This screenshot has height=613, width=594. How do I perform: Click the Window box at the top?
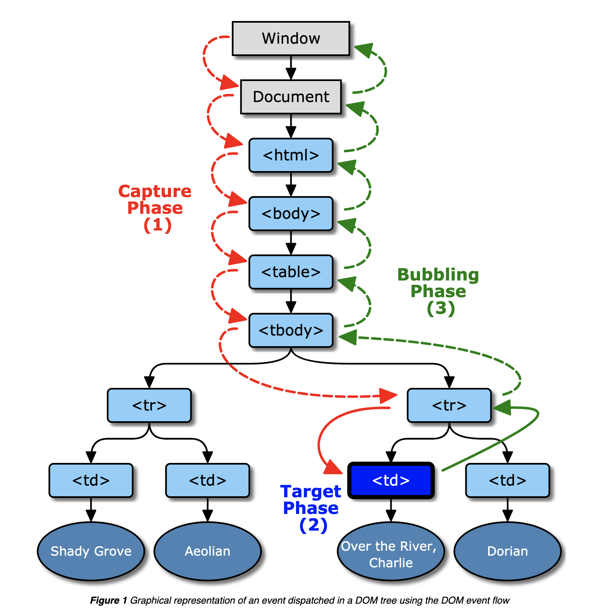point(291,38)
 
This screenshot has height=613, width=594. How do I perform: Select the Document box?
point(291,97)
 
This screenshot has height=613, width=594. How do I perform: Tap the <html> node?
point(291,155)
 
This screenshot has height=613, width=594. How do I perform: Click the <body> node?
point(291,213)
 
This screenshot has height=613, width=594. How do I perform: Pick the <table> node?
point(291,272)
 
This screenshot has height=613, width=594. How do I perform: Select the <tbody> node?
point(291,330)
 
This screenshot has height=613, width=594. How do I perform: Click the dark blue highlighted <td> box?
point(391,480)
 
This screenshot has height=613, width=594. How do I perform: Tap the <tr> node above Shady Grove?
point(149,405)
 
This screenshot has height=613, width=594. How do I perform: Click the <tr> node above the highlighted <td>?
point(449,405)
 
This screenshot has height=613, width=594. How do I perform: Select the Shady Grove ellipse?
point(91,551)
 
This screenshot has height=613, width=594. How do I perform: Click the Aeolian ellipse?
point(207,551)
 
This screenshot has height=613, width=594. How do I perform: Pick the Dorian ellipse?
point(507,551)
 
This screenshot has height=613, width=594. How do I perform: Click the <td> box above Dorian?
point(507,480)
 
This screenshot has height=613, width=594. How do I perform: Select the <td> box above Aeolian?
point(207,480)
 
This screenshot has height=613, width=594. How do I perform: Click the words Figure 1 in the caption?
point(109,600)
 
